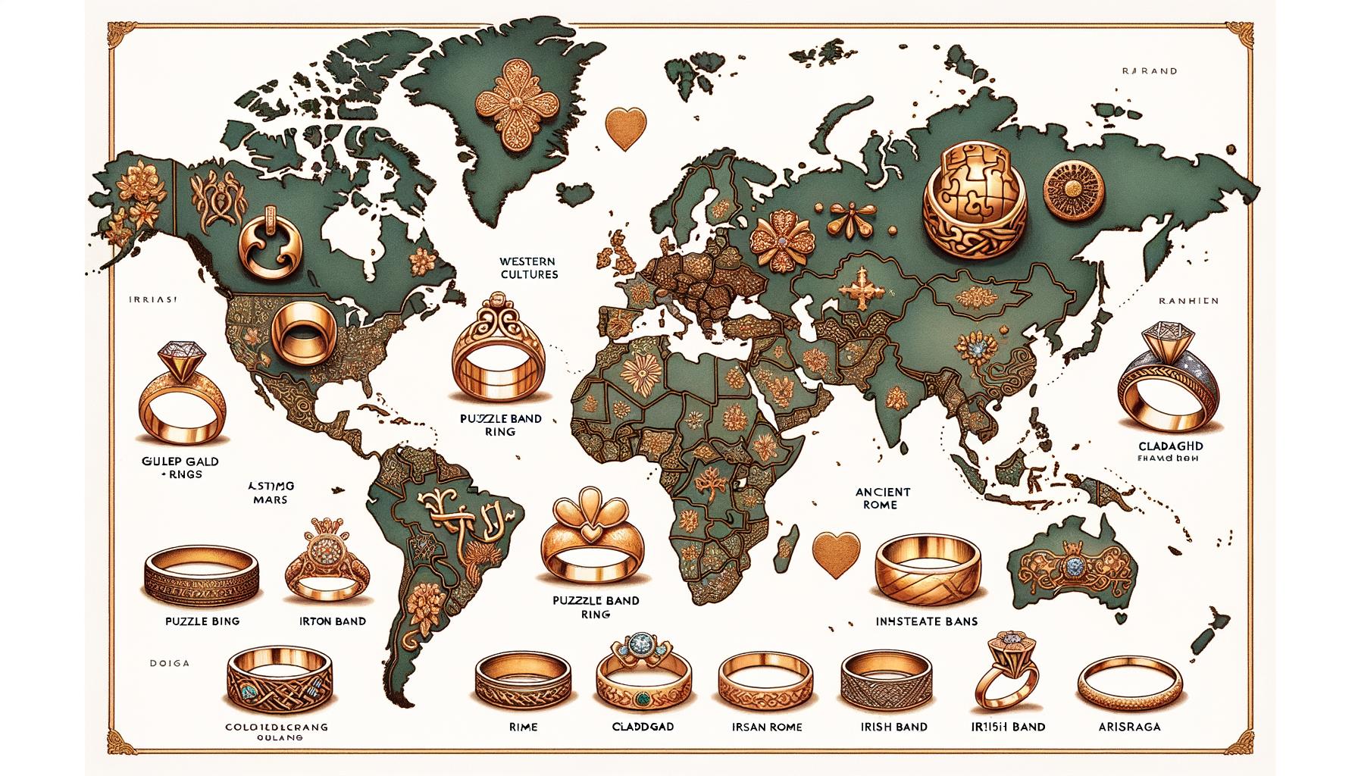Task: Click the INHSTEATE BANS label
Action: click(x=925, y=621)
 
